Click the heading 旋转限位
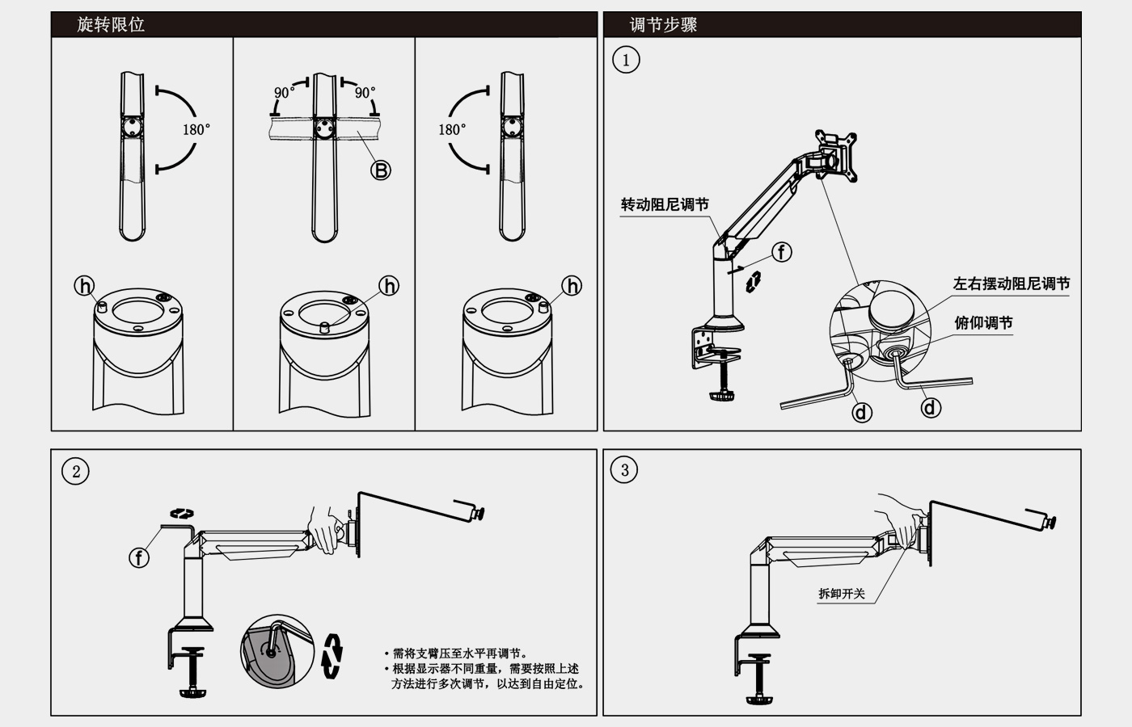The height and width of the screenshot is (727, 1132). (x=111, y=24)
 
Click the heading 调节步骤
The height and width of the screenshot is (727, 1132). (x=663, y=24)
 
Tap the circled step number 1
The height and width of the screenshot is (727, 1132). (x=626, y=60)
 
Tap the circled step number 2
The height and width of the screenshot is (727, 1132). (x=76, y=472)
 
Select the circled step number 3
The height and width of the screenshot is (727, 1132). (x=624, y=470)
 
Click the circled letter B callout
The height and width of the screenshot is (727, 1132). (x=380, y=170)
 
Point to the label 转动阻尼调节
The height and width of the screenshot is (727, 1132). (x=665, y=204)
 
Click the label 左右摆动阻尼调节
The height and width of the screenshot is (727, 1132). (x=1011, y=284)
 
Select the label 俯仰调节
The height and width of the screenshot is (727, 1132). (x=983, y=323)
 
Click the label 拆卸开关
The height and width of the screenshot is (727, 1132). (x=842, y=594)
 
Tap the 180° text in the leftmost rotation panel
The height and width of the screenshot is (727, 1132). (x=196, y=129)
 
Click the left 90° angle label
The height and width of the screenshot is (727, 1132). (x=284, y=93)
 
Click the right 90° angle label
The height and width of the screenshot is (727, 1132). (x=365, y=93)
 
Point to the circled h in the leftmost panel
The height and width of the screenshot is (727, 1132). (x=85, y=285)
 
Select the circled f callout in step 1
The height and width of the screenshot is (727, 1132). (x=781, y=252)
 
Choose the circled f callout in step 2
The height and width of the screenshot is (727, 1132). (x=139, y=557)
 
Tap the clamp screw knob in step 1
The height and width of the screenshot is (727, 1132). (x=721, y=396)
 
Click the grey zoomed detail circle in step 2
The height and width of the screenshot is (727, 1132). (x=277, y=651)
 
